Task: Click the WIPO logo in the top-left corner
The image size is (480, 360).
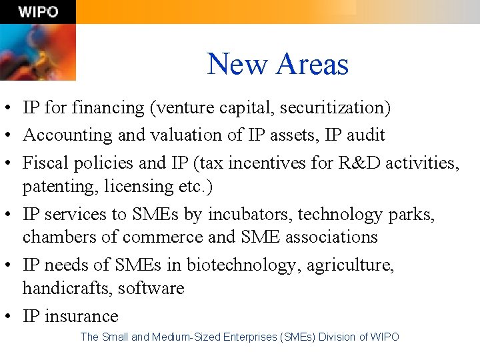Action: point(38,12)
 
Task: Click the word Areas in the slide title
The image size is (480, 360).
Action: point(312,65)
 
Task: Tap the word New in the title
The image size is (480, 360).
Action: point(237,65)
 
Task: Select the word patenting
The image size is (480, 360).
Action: point(60,186)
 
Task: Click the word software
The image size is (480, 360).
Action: point(151,288)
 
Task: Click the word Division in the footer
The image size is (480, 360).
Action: point(337,337)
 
